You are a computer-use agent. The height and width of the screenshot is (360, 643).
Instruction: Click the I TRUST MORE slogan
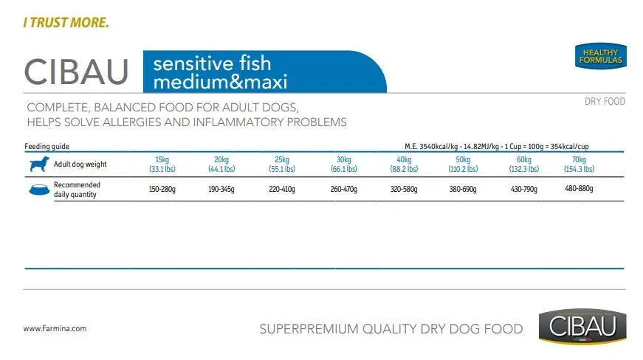(66, 23)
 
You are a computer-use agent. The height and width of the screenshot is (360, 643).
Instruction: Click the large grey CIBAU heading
(77, 72)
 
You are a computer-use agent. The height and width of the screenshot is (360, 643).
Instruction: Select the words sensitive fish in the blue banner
(212, 63)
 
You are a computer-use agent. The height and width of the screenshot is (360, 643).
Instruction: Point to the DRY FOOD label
(604, 101)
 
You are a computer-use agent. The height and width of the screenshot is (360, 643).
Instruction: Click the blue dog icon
(38, 165)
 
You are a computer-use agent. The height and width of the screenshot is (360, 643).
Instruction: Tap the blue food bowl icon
(38, 190)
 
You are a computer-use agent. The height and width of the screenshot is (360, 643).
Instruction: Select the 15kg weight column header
(162, 165)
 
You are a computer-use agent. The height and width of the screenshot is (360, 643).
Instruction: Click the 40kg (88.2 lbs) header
(404, 165)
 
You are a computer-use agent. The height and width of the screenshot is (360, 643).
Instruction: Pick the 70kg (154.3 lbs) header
(579, 165)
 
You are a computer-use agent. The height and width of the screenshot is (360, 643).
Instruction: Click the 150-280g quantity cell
(162, 190)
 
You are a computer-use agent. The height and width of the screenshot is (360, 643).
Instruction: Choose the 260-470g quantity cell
(343, 190)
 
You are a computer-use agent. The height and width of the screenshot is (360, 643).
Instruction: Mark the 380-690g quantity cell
(464, 190)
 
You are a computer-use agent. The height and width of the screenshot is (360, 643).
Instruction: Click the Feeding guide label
(47, 147)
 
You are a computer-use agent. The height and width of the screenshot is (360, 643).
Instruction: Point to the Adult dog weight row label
(80, 165)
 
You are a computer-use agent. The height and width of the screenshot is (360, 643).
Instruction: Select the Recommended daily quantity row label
(77, 190)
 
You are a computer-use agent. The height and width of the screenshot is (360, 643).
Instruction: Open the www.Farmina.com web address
(55, 329)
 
